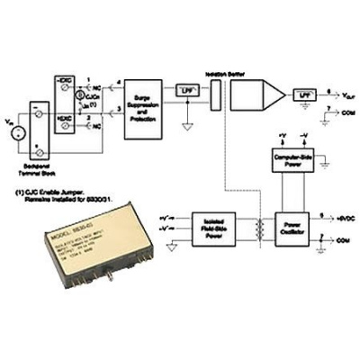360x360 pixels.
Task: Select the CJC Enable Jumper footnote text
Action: point(55,192)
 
